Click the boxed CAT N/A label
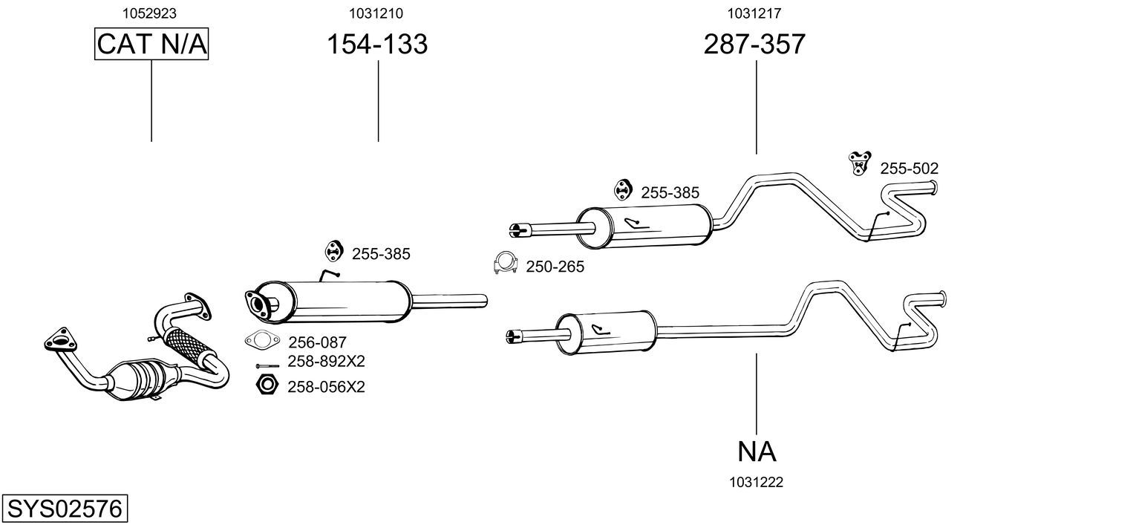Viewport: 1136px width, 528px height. pos(151,44)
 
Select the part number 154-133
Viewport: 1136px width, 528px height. pos(377,44)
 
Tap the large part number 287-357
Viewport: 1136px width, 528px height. pos(754,44)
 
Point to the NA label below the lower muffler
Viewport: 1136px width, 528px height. pos(757,452)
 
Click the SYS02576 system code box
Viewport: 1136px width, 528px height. pos(65,508)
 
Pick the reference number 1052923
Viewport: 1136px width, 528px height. pos(149,13)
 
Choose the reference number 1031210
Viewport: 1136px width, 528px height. pos(376,13)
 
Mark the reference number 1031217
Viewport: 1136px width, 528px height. pos(754,13)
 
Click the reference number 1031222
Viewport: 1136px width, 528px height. pos(756,483)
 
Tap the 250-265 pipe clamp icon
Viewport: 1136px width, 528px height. pos(505,263)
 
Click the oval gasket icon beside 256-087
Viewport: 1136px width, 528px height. pos(262,340)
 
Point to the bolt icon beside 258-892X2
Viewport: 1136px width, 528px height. pos(267,365)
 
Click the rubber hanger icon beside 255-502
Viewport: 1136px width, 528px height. pos(859,163)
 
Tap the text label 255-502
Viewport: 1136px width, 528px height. pos(910,169)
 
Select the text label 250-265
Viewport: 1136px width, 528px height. pos(555,267)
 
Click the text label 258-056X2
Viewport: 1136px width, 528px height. pos(326,388)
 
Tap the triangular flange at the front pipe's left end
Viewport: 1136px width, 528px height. pos(60,339)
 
